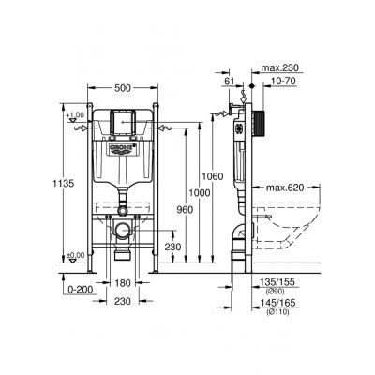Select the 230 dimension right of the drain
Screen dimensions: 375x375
[172, 247]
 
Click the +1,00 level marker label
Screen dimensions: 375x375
[74, 114]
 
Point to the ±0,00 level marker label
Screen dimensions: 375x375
[74, 255]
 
